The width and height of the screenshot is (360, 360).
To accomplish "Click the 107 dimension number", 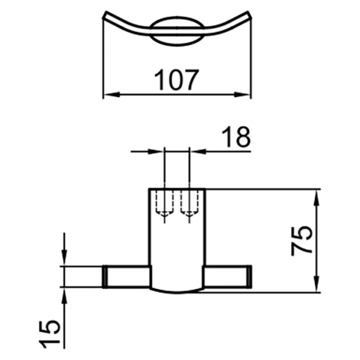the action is (176, 79).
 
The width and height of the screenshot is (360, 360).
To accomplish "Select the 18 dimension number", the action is (236, 137).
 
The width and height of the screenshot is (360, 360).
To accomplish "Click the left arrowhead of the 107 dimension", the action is (112, 94).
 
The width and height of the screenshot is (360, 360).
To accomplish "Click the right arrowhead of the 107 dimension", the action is (242, 94).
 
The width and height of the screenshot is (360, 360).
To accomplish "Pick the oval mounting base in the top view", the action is (177, 31).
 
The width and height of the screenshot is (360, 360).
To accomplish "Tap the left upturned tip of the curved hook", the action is (105, 14).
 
